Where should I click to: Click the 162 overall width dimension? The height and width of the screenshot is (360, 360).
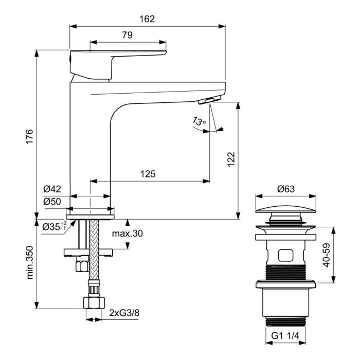pos(147,19)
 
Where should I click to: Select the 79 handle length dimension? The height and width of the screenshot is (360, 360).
pos(127,35)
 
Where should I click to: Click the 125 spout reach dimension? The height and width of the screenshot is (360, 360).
pos(148,174)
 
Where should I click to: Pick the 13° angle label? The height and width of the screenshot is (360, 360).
pos(199,121)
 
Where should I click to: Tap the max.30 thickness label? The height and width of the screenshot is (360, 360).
pos(127,233)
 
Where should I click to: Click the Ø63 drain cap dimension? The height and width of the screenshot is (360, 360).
pos(285,189)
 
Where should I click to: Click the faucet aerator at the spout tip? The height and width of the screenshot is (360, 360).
pos(212,99)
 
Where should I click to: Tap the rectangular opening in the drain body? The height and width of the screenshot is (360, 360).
pos(285,255)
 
